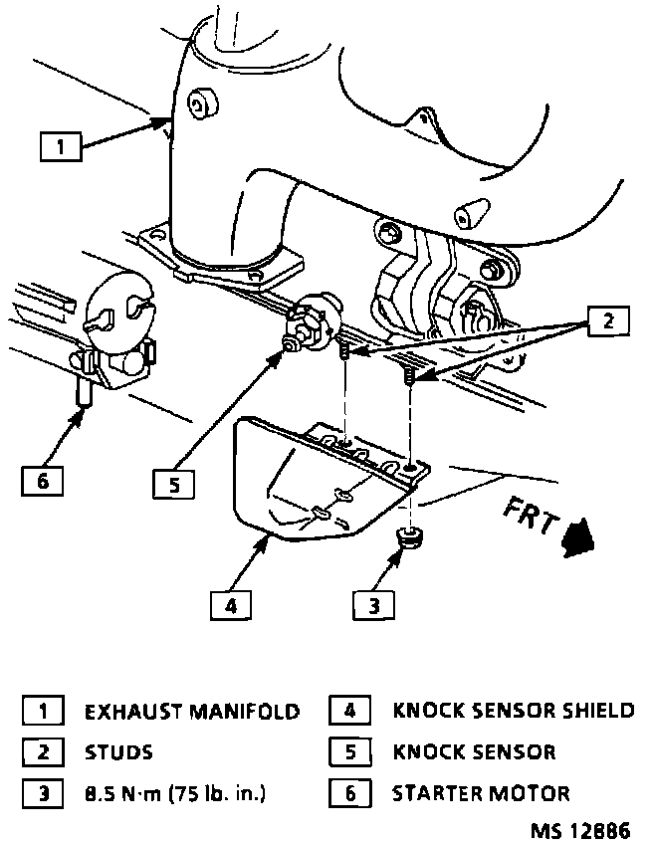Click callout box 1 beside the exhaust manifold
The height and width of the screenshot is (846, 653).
(60, 147)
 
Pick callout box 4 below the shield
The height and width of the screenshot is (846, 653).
(230, 603)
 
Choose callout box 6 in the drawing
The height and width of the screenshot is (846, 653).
(42, 481)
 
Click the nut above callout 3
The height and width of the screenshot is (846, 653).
(407, 538)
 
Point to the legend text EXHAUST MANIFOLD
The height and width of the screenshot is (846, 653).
(192, 712)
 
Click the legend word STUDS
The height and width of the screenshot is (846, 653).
(119, 752)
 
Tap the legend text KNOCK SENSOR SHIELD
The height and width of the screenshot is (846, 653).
(514, 711)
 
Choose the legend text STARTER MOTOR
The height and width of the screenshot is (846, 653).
(482, 793)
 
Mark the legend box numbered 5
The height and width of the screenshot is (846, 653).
(349, 752)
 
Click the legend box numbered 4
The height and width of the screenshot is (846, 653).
(349, 712)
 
